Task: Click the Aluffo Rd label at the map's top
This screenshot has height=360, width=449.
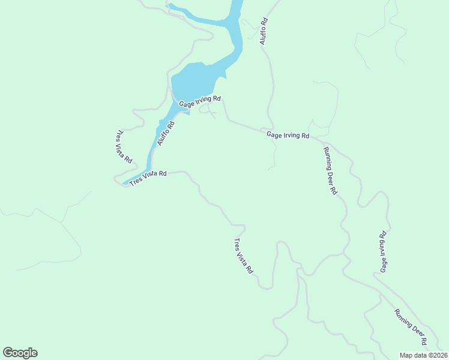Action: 263,31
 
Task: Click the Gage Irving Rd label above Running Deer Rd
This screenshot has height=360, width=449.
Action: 288,136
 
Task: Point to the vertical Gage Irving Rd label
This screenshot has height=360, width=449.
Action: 382,251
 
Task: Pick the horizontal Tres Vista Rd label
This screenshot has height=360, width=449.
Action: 148,178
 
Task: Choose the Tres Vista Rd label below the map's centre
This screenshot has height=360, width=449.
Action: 243,256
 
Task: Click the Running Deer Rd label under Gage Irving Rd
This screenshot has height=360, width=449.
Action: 330,170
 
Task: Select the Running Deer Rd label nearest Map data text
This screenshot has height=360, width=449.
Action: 411,327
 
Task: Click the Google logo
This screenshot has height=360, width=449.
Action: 20,353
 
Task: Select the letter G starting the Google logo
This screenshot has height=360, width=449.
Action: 8,353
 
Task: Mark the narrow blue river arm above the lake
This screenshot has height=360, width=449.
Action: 236,30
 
